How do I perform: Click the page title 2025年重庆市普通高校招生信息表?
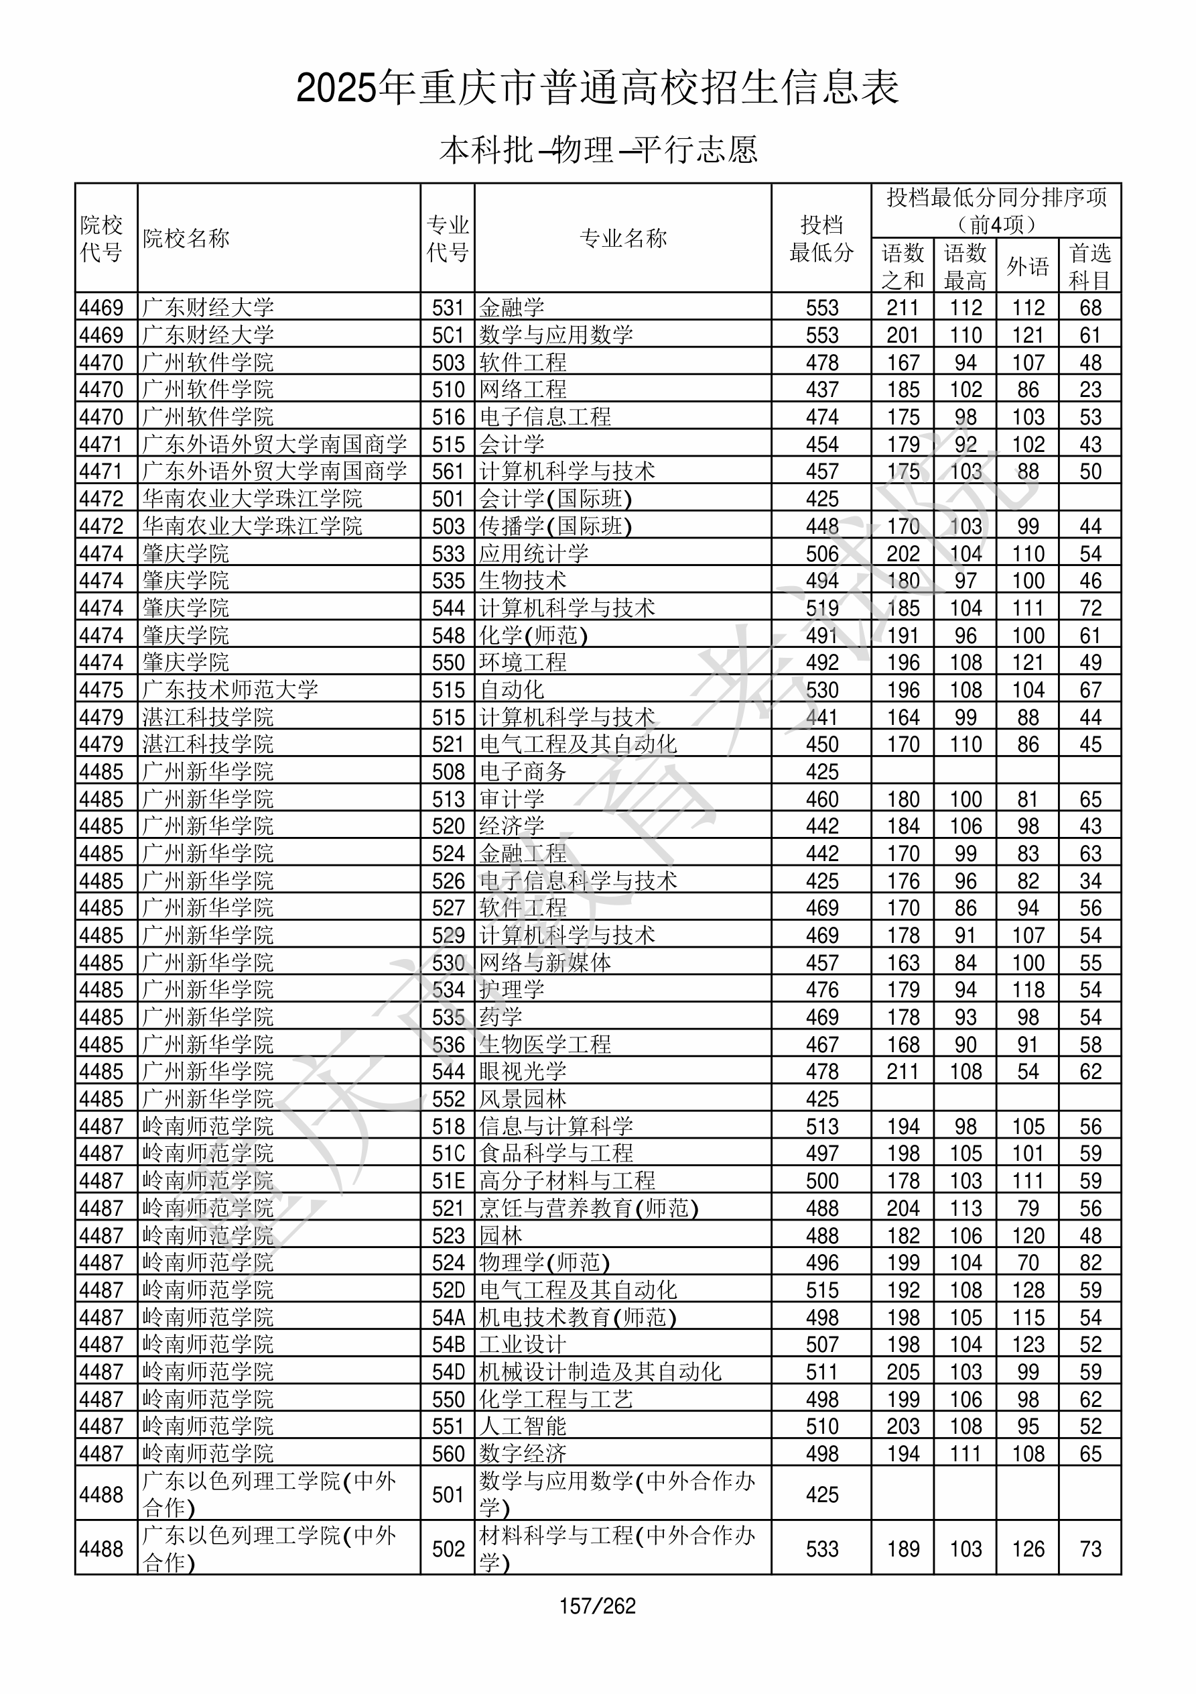pos(597,88)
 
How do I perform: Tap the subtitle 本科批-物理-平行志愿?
pos(597,150)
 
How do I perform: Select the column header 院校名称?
pos(186,238)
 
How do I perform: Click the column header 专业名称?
pos(623,238)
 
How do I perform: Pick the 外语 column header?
pos(1027,266)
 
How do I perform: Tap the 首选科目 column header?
pos(1090,266)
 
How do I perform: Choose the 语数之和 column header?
pos(903,266)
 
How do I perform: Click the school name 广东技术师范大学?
pos(230,690)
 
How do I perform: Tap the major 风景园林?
pos(523,1098)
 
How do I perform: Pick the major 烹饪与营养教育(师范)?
pos(588,1208)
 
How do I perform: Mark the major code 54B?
pos(448,1345)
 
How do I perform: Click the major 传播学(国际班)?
pos(555,526)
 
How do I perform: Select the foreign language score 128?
pos(1028,1290)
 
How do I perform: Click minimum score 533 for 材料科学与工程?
pos(821,1548)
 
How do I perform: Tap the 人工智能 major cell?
pos(523,1426)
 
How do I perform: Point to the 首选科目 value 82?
pos(1090,1262)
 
